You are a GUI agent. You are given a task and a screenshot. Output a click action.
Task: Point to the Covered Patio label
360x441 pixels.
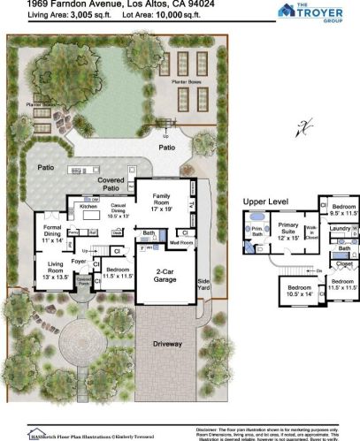tap(111, 183)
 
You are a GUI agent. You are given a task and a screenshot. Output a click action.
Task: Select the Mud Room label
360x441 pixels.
tap(181, 241)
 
